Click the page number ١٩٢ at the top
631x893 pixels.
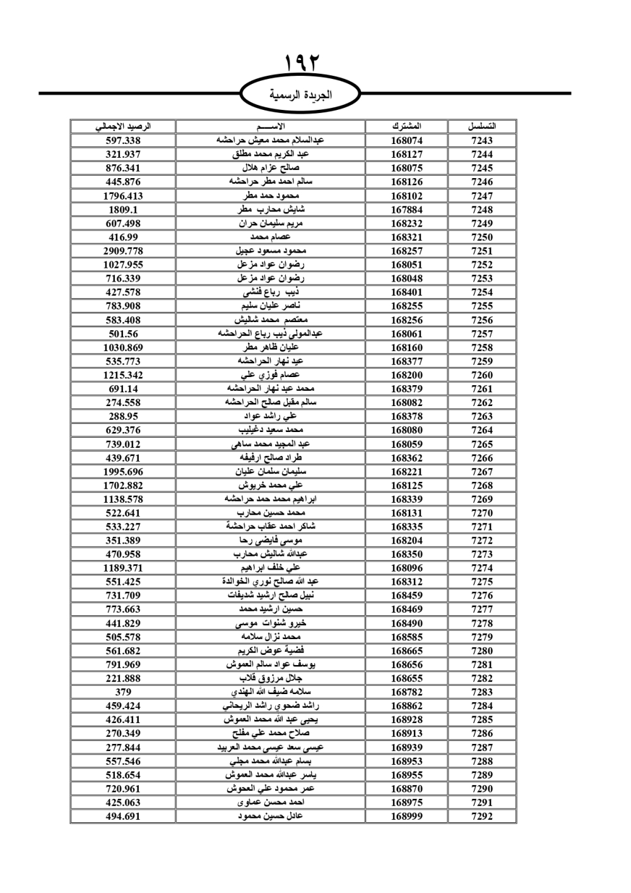click(x=302, y=63)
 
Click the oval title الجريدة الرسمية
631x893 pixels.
click(x=301, y=95)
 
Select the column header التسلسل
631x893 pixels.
click(x=482, y=126)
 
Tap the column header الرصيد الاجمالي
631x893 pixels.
click(x=123, y=126)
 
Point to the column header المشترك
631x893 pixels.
click(x=406, y=126)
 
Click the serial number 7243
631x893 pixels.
click(x=482, y=140)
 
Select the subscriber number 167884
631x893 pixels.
click(x=406, y=210)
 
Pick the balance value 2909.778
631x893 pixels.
click(x=123, y=251)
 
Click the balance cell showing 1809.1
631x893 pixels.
click(x=123, y=210)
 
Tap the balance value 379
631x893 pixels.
click(x=123, y=692)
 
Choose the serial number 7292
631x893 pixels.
click(x=482, y=816)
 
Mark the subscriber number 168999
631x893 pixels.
click(x=406, y=816)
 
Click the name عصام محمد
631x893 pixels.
click(x=271, y=237)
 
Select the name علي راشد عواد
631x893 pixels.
click(x=271, y=416)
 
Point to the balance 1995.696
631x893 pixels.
click(x=123, y=472)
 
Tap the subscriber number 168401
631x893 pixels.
click(x=406, y=292)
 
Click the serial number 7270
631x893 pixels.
click(x=482, y=513)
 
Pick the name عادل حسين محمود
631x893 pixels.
click(x=271, y=816)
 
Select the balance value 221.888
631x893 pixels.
click(x=123, y=678)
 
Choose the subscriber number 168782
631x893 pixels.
click(x=406, y=692)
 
